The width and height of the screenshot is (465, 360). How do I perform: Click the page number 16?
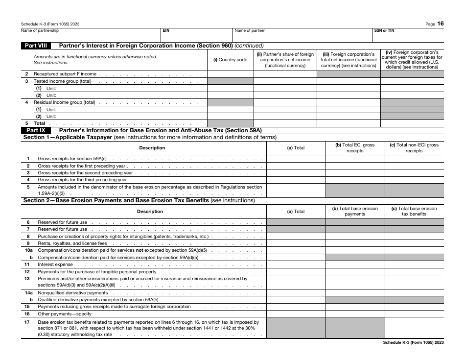[x=441, y=24]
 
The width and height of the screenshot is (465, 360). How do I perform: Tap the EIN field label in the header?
[x=166, y=30]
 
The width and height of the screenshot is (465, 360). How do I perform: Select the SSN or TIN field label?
[x=384, y=30]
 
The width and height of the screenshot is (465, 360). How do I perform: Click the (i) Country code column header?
[x=230, y=60]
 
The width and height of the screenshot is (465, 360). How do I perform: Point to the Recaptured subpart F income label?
[x=65, y=74]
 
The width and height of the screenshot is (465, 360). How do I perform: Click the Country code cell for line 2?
[x=230, y=74]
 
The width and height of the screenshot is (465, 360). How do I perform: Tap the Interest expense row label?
[x=55, y=264]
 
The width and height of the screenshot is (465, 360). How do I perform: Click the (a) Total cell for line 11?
[x=296, y=264]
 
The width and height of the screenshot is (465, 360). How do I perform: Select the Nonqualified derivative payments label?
[x=72, y=293]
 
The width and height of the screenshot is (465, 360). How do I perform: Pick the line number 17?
[x=27, y=322]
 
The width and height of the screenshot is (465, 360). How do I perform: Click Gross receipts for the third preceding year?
[x=82, y=180]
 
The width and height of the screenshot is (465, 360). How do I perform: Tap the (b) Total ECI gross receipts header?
[x=355, y=148]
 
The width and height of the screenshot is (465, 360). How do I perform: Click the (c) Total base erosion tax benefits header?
[x=414, y=211]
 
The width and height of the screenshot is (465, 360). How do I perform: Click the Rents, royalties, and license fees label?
[x=72, y=243]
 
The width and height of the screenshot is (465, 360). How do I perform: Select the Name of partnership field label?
[x=40, y=30]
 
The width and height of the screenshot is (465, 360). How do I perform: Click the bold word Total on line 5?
[x=39, y=123]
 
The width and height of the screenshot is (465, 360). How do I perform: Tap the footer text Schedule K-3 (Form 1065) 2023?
[x=413, y=343]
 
